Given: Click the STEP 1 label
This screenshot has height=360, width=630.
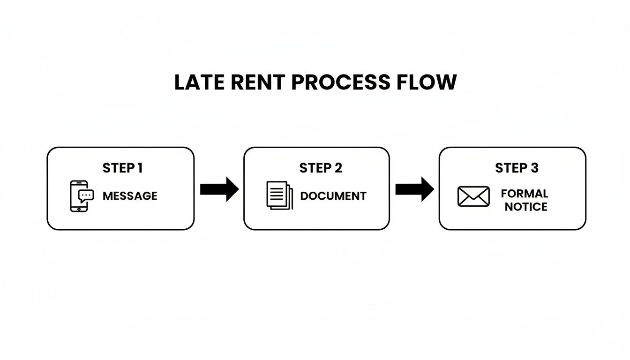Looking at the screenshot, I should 122,168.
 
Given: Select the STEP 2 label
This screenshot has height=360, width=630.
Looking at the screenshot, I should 321,168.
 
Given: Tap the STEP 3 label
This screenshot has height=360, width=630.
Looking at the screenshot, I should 517,168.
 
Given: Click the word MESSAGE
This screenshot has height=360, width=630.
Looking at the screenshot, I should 130,196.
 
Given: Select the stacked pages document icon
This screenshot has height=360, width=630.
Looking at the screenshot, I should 279,195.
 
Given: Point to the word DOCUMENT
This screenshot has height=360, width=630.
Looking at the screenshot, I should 333,196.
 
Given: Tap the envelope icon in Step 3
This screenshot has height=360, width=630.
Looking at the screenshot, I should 473,196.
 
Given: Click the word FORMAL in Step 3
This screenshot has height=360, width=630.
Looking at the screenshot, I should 524,194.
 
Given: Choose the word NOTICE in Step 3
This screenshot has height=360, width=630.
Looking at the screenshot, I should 525,207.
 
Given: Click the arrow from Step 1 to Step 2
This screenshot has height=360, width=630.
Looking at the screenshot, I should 219,189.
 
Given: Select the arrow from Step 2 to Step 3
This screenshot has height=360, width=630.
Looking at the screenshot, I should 414,189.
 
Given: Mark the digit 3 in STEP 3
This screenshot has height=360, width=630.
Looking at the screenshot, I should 534,168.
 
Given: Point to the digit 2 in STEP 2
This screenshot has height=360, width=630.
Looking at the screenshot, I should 338,168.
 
